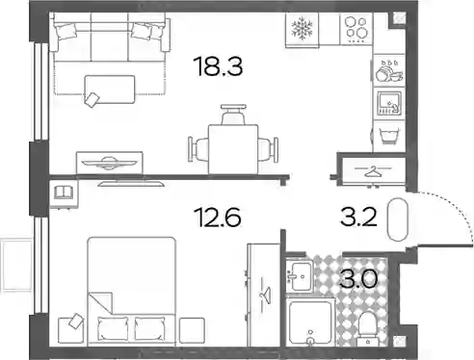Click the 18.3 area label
219,66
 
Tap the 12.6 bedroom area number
218,217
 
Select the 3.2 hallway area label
358,217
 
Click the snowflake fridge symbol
302,29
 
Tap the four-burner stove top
355,29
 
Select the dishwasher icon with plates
389,70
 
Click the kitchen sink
389,103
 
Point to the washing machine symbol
388,136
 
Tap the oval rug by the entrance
398,219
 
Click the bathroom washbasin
299,276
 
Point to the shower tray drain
310,341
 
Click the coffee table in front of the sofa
110,90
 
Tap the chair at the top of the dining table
233,115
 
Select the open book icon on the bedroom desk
64,193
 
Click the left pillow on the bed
113,328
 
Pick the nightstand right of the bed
192,330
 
